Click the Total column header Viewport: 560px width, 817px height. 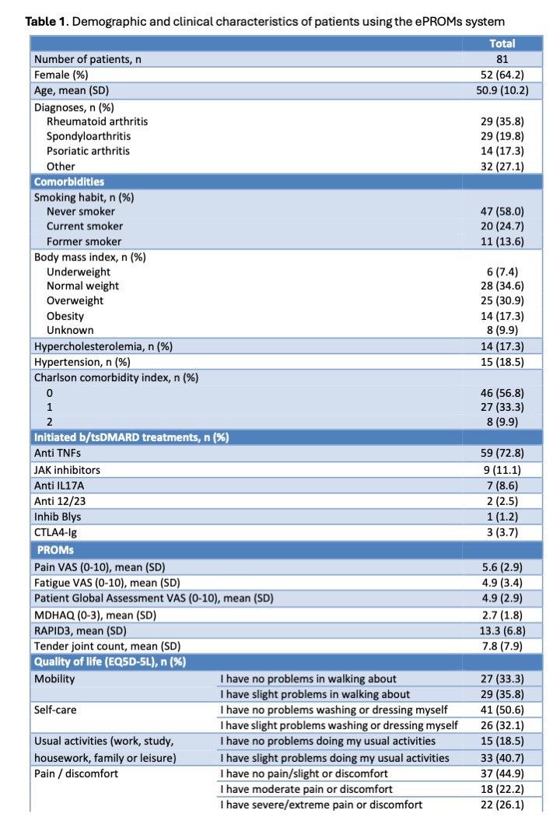[x=502, y=44]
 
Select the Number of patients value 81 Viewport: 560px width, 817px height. [x=502, y=59]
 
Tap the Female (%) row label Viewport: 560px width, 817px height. [x=61, y=75]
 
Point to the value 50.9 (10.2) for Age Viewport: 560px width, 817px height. [x=502, y=89]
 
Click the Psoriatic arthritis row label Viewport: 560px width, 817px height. [x=88, y=150]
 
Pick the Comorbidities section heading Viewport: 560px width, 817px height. [x=68, y=181]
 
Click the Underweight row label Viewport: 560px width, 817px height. [x=79, y=272]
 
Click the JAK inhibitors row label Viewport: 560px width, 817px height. [x=67, y=469]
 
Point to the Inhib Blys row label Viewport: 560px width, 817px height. [x=58, y=516]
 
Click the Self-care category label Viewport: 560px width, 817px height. [x=55, y=710]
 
